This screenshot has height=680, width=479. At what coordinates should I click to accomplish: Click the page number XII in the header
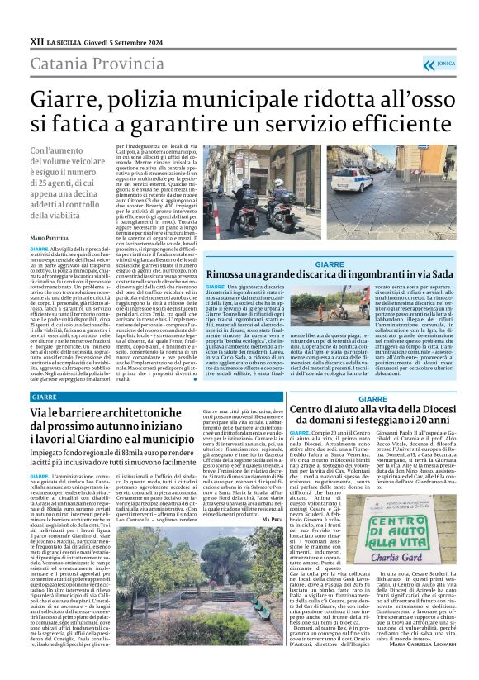(37, 40)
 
